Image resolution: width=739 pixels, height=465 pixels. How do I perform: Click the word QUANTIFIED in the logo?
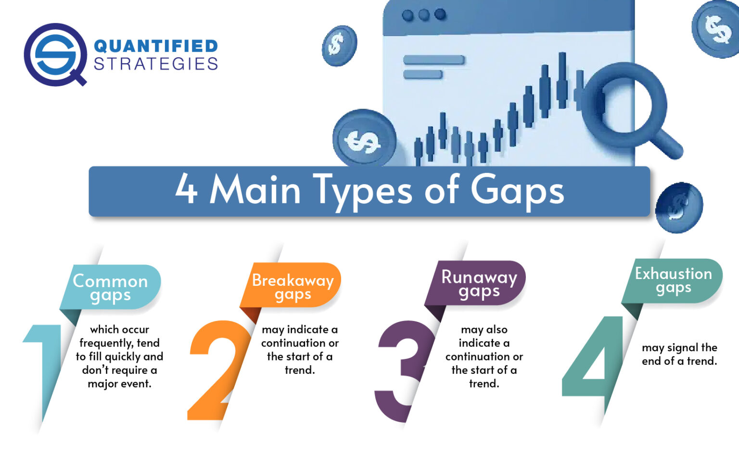tap(155, 46)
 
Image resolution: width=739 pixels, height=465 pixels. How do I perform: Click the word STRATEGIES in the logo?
tap(155, 64)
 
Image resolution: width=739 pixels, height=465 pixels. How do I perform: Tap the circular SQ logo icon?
tap(54, 53)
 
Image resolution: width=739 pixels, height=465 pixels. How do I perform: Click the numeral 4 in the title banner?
tap(186, 189)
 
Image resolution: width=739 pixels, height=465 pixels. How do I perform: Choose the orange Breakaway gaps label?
tap(293, 286)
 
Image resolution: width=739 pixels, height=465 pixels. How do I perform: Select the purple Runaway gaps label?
tap(479, 283)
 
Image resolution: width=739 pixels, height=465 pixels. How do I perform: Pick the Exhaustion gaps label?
tap(673, 280)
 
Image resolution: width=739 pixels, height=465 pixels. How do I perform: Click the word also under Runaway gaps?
tap(497, 330)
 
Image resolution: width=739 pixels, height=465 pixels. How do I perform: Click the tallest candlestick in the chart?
tap(561, 81)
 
